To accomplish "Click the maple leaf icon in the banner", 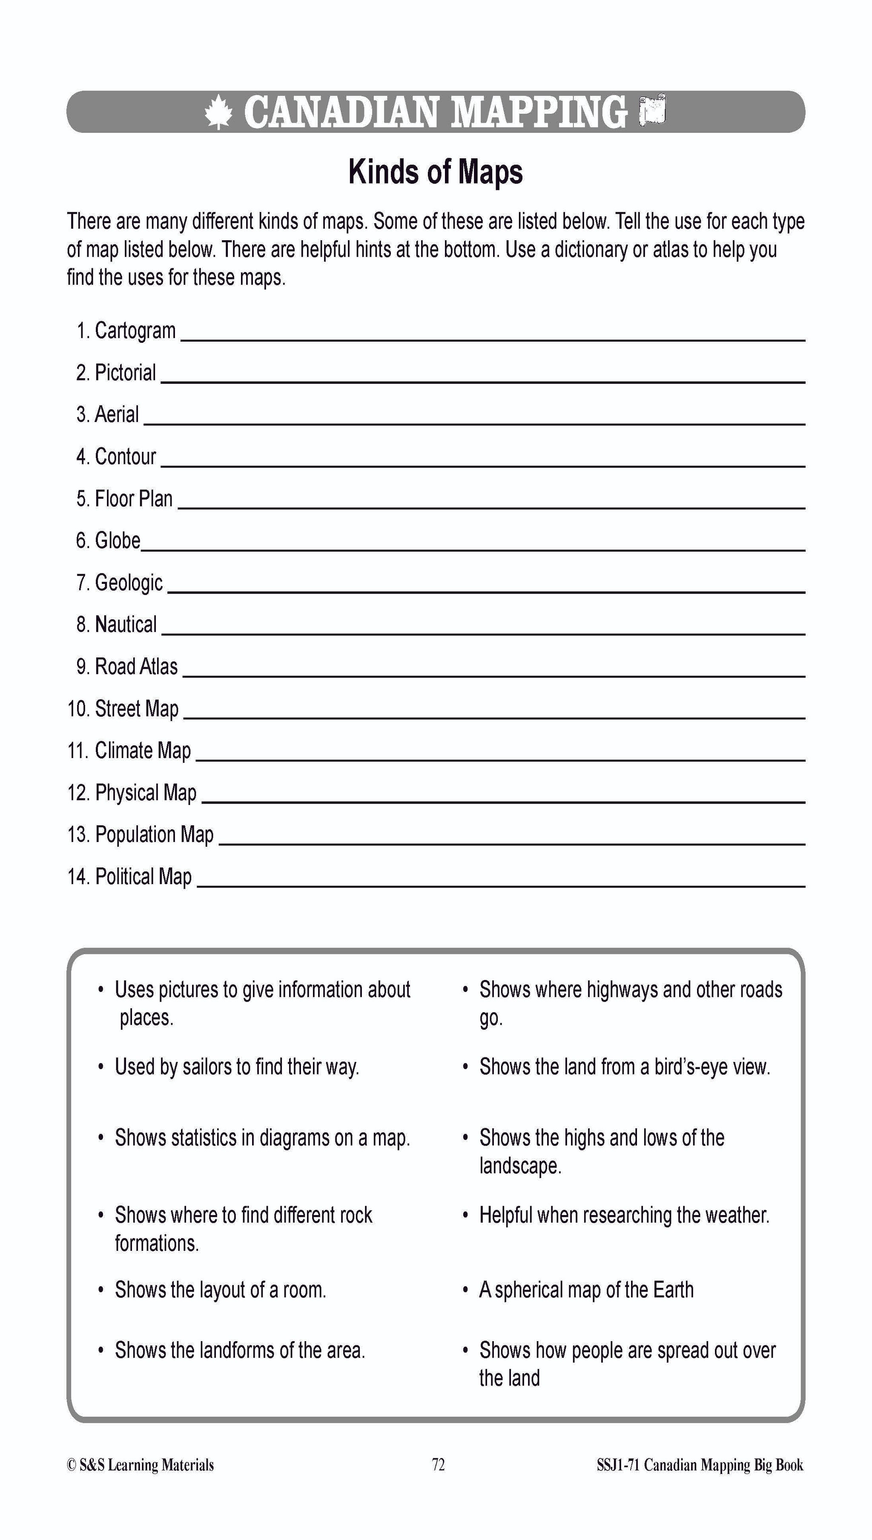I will [x=218, y=112].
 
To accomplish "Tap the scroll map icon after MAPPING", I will [x=652, y=110].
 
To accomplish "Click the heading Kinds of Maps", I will [x=436, y=172].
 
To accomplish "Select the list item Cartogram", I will [x=135, y=330].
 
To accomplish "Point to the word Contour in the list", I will [x=125, y=457].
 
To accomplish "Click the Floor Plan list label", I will [x=134, y=498].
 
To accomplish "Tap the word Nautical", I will [x=126, y=624].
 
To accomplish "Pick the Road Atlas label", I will [x=136, y=666].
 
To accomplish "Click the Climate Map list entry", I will [x=143, y=750].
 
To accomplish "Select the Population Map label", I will [x=154, y=834].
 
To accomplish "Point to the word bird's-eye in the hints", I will [x=686, y=1067].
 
